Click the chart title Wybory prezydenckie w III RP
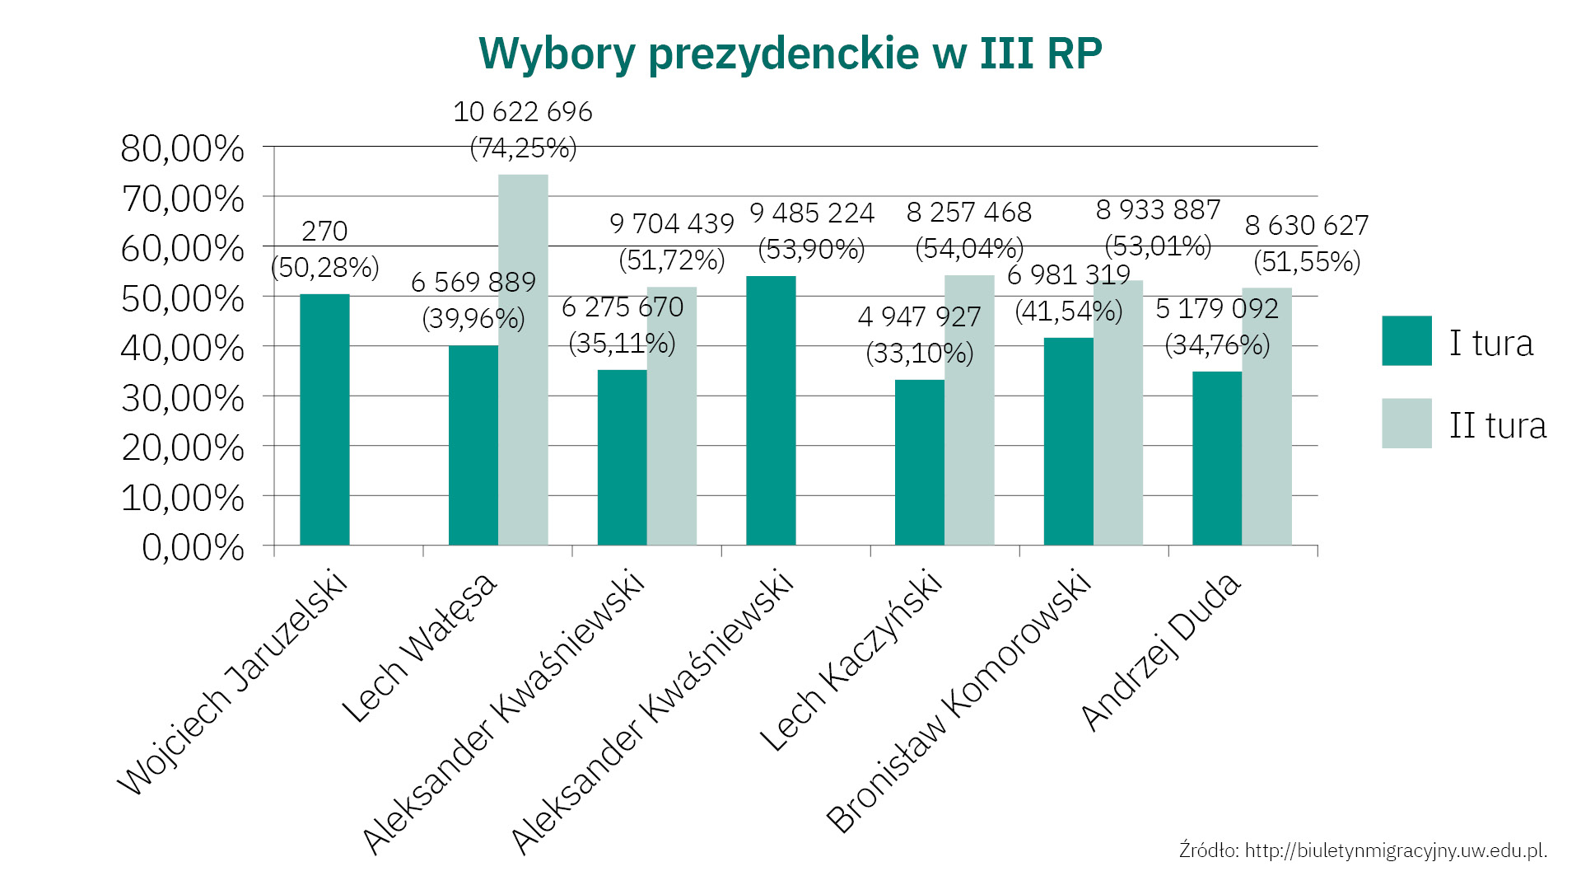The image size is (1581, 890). (x=790, y=54)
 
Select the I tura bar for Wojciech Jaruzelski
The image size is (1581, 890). (x=324, y=419)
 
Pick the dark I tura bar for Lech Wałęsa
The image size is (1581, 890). (x=473, y=445)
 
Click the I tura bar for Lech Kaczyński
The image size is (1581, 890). (x=920, y=462)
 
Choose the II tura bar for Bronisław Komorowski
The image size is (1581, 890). (x=1118, y=413)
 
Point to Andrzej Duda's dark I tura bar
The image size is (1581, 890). (x=1217, y=458)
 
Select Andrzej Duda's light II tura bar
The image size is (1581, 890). (x=1266, y=416)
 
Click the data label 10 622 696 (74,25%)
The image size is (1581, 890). (x=523, y=130)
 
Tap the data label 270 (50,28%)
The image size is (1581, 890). (x=324, y=249)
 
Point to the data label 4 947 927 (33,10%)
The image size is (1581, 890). (x=920, y=335)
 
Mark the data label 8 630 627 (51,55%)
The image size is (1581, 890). (x=1307, y=243)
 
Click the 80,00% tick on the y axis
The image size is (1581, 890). (x=183, y=149)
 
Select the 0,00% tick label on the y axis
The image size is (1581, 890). (x=194, y=547)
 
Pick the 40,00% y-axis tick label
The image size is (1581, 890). (x=183, y=349)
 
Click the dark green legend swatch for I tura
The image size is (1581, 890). (x=1406, y=340)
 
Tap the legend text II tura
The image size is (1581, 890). (x=1498, y=425)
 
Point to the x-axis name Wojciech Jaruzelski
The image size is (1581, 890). (x=233, y=682)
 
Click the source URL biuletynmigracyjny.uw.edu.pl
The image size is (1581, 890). (x=1396, y=850)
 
